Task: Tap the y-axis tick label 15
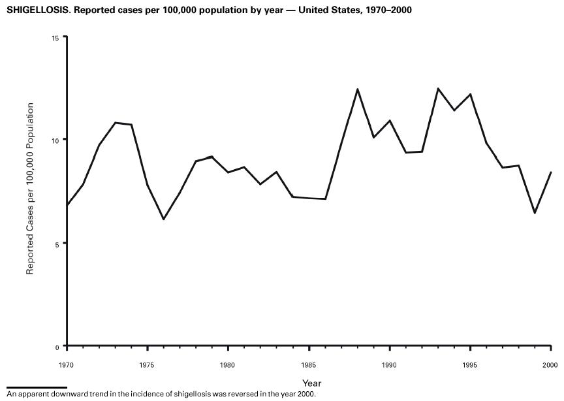click(x=56, y=38)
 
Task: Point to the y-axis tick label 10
click(x=56, y=140)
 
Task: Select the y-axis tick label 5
click(x=58, y=244)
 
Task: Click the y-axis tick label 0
click(x=58, y=346)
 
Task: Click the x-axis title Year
click(x=311, y=383)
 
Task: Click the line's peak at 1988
click(x=358, y=89)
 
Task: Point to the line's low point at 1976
click(x=163, y=219)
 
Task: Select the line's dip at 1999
click(x=535, y=213)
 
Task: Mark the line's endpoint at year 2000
click(x=551, y=172)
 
